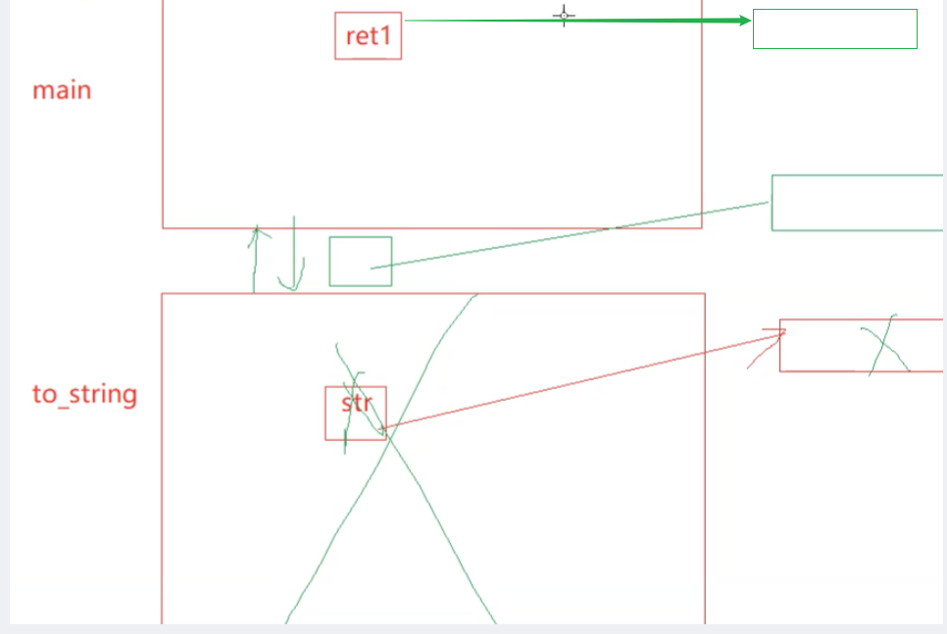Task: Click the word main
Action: (62, 90)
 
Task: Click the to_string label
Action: (84, 395)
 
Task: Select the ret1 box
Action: (368, 36)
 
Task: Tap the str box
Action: (356, 413)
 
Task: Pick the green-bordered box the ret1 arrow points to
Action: (834, 29)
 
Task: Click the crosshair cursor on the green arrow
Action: (564, 16)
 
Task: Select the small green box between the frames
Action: (360, 262)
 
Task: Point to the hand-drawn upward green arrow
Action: (256, 260)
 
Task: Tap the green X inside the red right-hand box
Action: (884, 345)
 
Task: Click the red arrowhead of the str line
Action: (780, 334)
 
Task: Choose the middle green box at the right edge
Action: (857, 203)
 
